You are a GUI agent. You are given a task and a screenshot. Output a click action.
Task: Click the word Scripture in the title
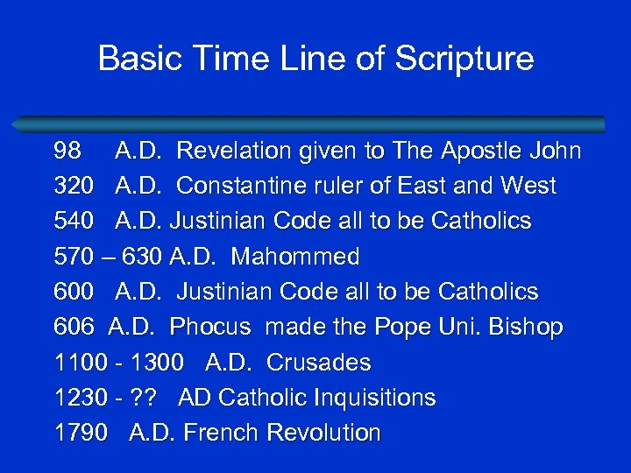coord(464,59)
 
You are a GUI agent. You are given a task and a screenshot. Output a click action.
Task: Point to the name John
coord(553,152)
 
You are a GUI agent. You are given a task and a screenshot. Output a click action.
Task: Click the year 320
coord(74,187)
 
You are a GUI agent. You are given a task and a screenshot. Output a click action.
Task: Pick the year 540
coord(74,222)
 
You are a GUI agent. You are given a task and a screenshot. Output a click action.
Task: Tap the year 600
coord(74,292)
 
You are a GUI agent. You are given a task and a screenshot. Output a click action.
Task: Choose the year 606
coord(74,327)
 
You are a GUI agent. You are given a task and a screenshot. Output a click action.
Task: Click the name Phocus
coord(210,327)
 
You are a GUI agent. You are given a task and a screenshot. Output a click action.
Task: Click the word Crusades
coord(318,363)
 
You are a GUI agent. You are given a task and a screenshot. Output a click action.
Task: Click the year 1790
coord(82,433)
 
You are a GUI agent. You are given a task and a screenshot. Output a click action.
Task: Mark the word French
coord(218,433)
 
